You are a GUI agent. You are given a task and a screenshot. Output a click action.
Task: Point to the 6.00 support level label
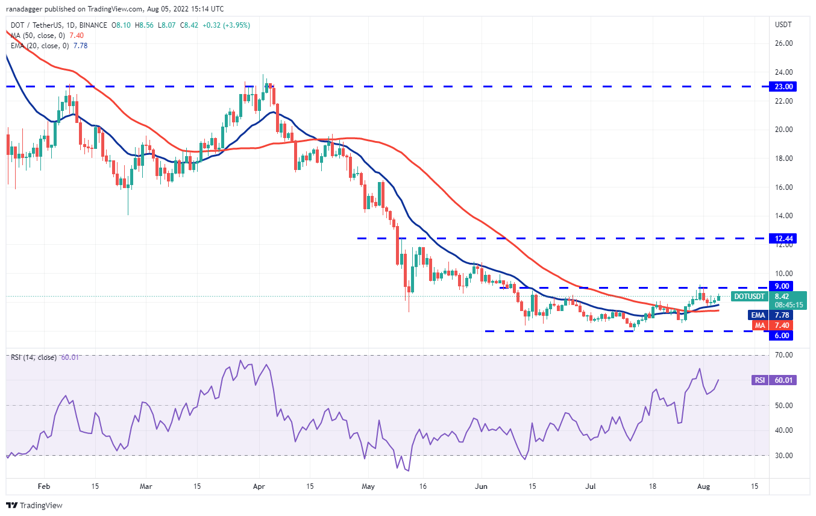[x=784, y=335]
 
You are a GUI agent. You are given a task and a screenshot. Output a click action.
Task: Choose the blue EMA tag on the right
[x=758, y=315]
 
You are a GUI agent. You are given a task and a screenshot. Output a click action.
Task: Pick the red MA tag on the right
[x=759, y=326]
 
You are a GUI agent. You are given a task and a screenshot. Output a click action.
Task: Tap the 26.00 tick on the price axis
[x=783, y=43]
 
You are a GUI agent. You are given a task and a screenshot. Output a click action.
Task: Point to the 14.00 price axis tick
[x=783, y=216]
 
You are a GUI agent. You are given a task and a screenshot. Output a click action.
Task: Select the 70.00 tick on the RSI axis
[x=783, y=355]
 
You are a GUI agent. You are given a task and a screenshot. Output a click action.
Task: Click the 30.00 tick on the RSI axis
[x=783, y=455]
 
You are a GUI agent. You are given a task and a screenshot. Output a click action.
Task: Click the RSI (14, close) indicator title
[x=33, y=357]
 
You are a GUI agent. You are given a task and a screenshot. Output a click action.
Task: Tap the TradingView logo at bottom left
[x=35, y=505]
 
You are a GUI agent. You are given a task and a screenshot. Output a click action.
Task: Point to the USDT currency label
[x=783, y=25]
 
